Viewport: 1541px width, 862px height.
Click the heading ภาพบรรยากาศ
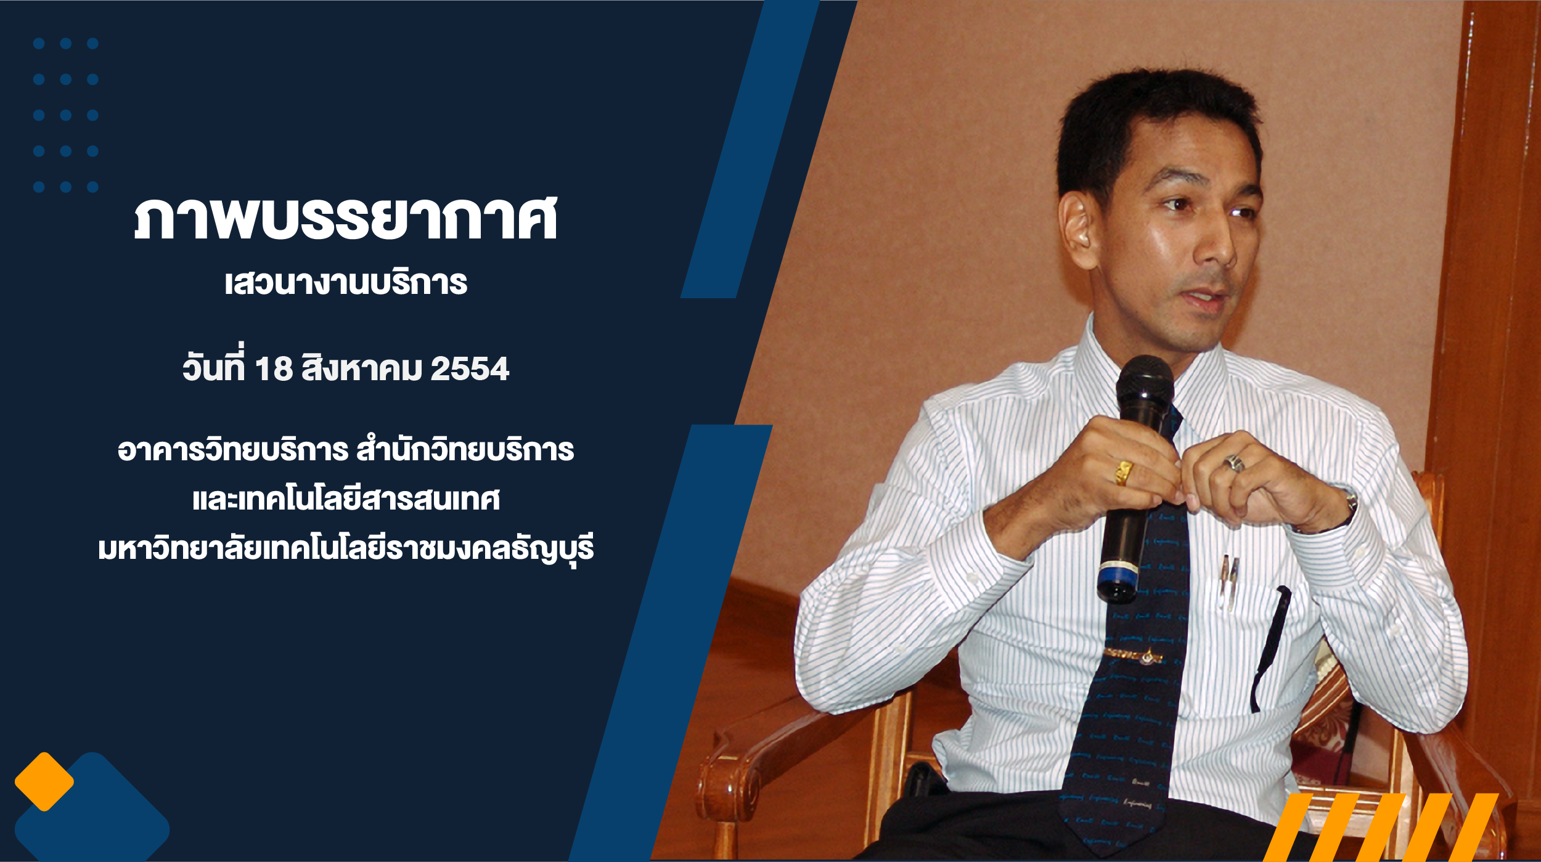pos(346,219)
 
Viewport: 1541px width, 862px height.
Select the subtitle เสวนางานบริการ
pos(346,283)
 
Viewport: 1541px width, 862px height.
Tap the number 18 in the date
pos(274,369)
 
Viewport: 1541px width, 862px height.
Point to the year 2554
pos(470,369)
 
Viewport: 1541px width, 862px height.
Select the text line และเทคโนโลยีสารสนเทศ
pos(346,498)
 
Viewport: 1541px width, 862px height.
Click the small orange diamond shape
pos(44,782)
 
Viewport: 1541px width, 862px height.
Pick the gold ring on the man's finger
pos(1124,473)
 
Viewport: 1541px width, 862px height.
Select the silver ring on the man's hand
pos(1233,463)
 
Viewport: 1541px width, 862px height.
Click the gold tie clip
pos(1133,654)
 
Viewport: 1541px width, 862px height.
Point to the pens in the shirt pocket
pos(1229,583)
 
